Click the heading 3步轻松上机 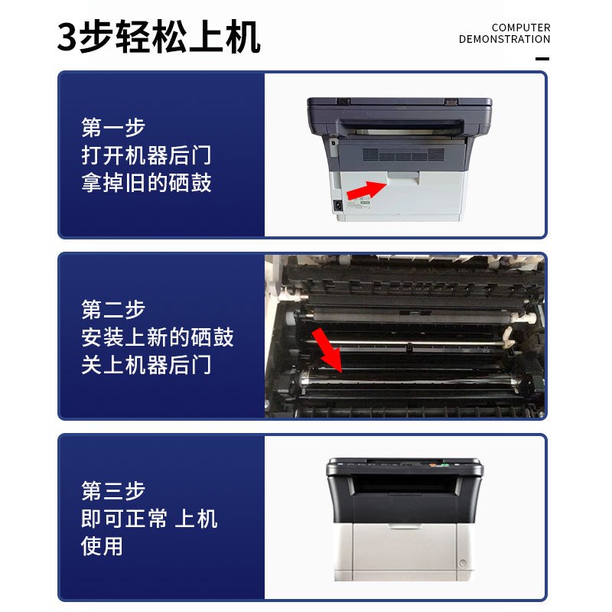(x=158, y=37)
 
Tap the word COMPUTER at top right (x=521, y=28)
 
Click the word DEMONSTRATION (x=504, y=39)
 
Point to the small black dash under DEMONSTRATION (x=542, y=58)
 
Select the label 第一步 (x=113, y=127)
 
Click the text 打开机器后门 (x=146, y=155)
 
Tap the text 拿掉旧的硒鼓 (x=146, y=184)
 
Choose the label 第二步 (x=113, y=309)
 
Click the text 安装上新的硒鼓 (x=158, y=337)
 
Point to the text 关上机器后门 (x=146, y=365)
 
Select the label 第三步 (x=113, y=490)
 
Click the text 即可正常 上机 (x=149, y=519)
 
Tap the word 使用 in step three (x=102, y=546)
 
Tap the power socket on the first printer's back (x=337, y=205)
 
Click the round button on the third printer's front (x=461, y=565)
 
